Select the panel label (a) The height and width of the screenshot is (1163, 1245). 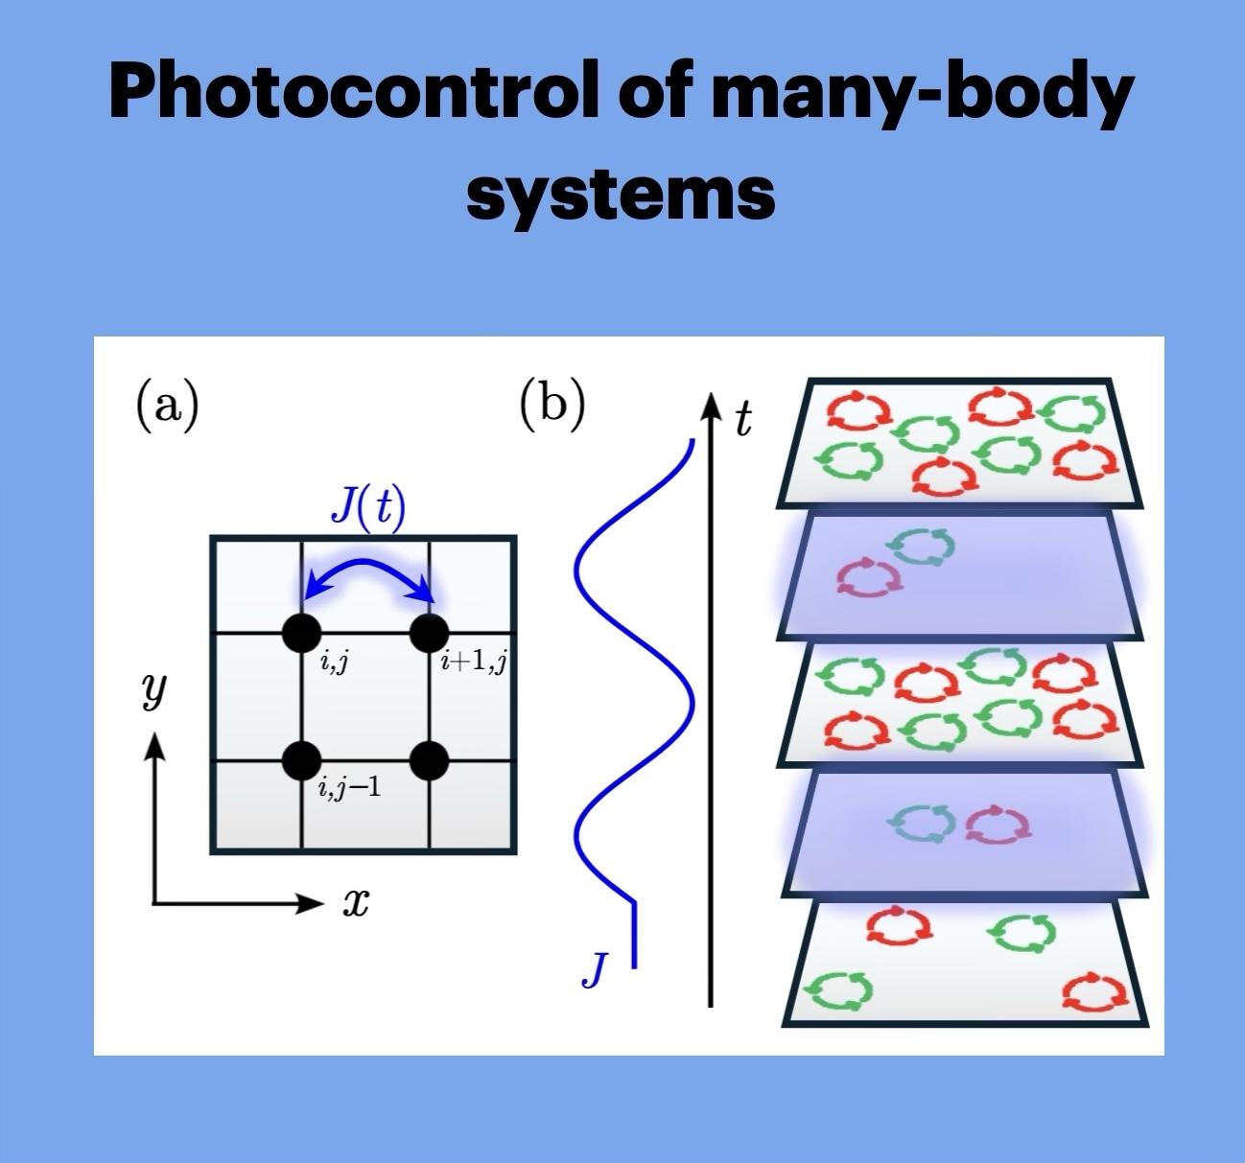[167, 404]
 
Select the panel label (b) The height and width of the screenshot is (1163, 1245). [552, 404]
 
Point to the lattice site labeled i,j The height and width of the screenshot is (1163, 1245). [302, 633]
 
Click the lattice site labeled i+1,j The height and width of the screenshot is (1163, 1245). [429, 633]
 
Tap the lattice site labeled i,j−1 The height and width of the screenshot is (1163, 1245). [302, 760]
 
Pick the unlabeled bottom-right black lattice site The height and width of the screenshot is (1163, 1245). [429, 760]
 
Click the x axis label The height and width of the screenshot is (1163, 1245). [356, 902]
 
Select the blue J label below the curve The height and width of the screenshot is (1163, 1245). [596, 969]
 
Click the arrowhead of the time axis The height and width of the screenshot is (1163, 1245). [710, 405]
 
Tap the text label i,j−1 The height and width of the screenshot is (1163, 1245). [349, 788]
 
